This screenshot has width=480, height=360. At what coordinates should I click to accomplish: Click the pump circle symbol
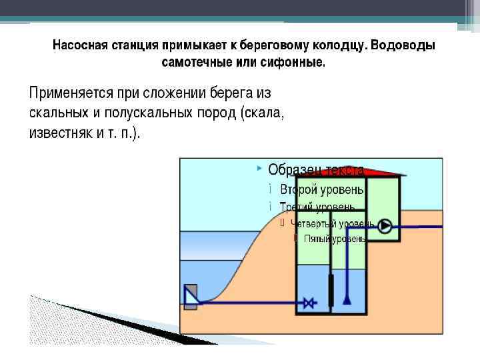point(385,226)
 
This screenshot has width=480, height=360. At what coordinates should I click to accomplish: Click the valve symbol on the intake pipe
point(309,303)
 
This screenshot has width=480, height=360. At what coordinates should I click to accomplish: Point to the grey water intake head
point(191,295)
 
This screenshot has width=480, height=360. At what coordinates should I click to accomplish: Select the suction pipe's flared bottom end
point(347,300)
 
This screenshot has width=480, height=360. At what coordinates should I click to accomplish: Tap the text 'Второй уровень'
point(322,188)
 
